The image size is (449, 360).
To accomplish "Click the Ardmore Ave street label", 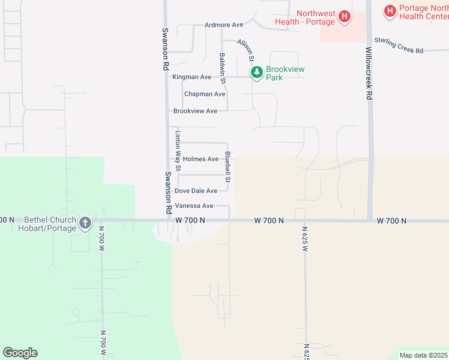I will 223,25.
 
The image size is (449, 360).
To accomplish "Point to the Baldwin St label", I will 222,68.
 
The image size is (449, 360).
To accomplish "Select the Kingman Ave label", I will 192,77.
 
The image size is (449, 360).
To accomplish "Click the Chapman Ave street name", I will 205,94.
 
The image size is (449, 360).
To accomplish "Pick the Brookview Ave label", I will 195,111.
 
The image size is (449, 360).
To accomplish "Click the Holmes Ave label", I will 200,159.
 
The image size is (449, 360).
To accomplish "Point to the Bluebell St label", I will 228,167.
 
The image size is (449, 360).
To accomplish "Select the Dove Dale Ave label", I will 196,191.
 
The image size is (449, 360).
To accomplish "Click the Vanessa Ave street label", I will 194,206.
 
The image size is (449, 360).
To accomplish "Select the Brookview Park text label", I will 285,73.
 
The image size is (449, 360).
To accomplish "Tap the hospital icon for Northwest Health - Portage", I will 345,17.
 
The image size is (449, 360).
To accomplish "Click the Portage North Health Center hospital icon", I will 390,11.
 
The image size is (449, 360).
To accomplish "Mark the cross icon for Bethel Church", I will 85,224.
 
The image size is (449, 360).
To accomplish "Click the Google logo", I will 20,353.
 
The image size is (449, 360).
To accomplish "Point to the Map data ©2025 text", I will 423,355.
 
